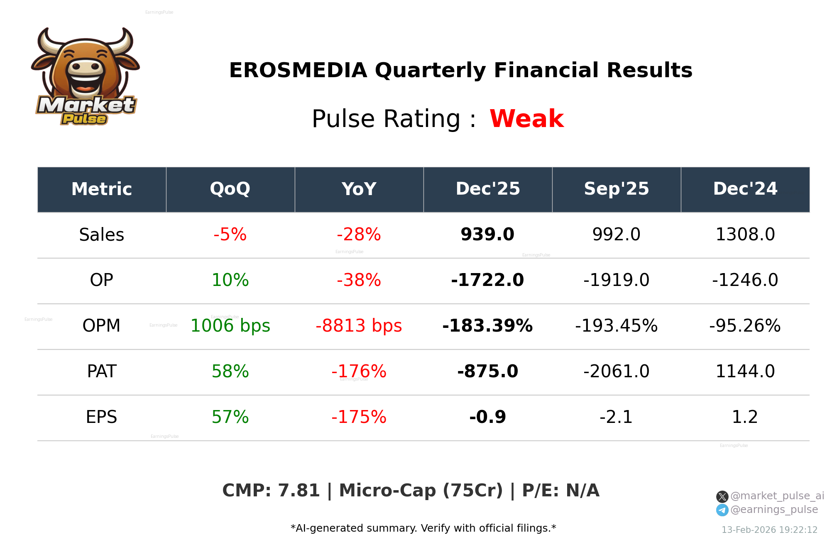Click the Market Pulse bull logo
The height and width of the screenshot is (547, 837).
(85, 77)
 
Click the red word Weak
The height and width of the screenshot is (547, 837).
(526, 119)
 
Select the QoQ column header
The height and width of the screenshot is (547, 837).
(230, 189)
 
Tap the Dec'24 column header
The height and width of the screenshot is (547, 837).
(745, 189)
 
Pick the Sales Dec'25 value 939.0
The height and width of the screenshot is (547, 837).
(487, 234)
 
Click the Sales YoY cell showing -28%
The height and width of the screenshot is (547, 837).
(359, 234)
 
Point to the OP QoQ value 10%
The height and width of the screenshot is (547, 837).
(230, 280)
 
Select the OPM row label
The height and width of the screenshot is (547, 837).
(101, 326)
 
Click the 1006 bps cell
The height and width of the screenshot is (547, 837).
(230, 326)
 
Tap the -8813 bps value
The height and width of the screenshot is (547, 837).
(359, 326)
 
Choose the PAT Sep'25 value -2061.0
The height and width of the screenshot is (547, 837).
(616, 371)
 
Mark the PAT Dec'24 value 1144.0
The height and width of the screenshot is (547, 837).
(745, 371)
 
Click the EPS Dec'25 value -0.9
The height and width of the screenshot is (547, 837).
(487, 417)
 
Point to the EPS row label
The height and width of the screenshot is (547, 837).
(101, 417)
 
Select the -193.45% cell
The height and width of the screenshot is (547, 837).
(616, 326)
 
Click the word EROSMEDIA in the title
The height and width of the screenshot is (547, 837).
(298, 70)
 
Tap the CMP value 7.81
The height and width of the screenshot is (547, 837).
(299, 491)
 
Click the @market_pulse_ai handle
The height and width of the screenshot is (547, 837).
(777, 496)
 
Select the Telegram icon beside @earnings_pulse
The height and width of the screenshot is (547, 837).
(722, 510)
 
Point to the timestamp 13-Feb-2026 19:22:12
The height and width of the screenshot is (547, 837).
(769, 530)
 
